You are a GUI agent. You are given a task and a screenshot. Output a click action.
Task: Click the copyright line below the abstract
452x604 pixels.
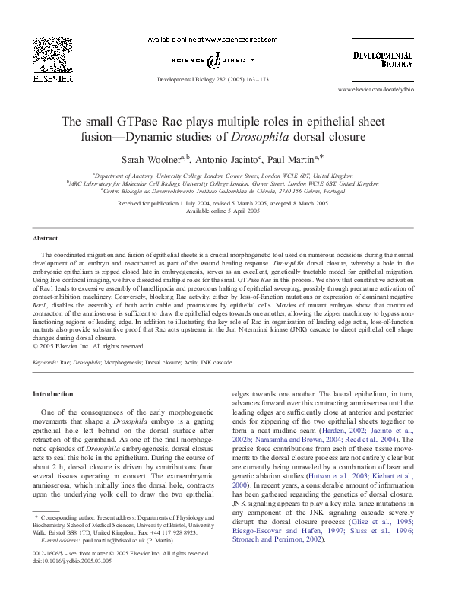click(89, 346)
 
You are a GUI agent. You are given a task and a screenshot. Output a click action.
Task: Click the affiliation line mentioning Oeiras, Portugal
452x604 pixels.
click(225, 191)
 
